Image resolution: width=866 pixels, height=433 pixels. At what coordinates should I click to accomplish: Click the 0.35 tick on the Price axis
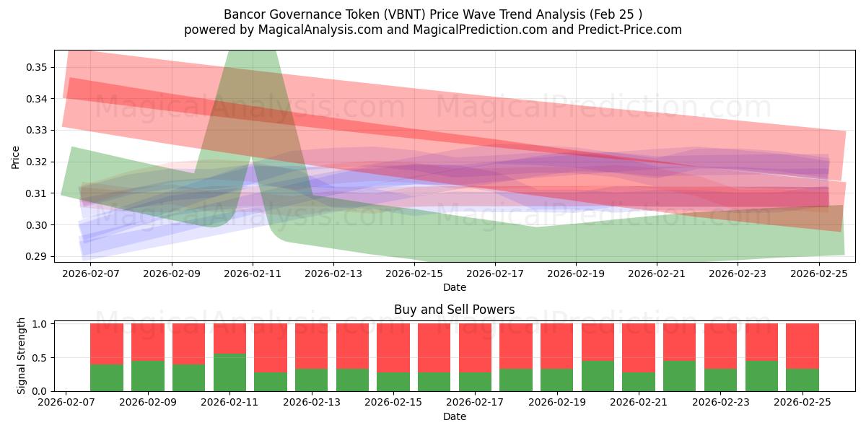click(x=36, y=67)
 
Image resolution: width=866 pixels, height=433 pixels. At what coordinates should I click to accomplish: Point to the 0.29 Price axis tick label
click(x=36, y=257)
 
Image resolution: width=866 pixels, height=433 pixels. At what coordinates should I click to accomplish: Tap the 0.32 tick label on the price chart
click(x=36, y=162)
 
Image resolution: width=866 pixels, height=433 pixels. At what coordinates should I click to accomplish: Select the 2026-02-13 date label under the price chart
click(x=333, y=274)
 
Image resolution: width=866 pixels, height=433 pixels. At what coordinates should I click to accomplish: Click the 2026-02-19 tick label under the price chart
click(x=575, y=274)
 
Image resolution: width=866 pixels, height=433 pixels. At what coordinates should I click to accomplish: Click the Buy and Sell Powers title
click(x=454, y=310)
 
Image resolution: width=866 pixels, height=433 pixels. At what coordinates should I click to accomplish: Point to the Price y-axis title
click(x=16, y=157)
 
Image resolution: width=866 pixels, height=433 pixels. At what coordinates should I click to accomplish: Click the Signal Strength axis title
click(x=22, y=356)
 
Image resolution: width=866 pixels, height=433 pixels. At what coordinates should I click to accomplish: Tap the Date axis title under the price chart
click(x=454, y=287)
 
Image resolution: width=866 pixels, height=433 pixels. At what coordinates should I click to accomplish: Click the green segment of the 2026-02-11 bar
click(x=229, y=372)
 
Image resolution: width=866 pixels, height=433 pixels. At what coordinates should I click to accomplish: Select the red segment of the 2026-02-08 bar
click(x=107, y=344)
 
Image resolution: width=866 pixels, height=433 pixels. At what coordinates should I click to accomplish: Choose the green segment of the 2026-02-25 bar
click(x=802, y=380)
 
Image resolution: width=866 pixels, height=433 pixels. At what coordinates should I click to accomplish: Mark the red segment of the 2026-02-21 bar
click(x=639, y=347)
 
